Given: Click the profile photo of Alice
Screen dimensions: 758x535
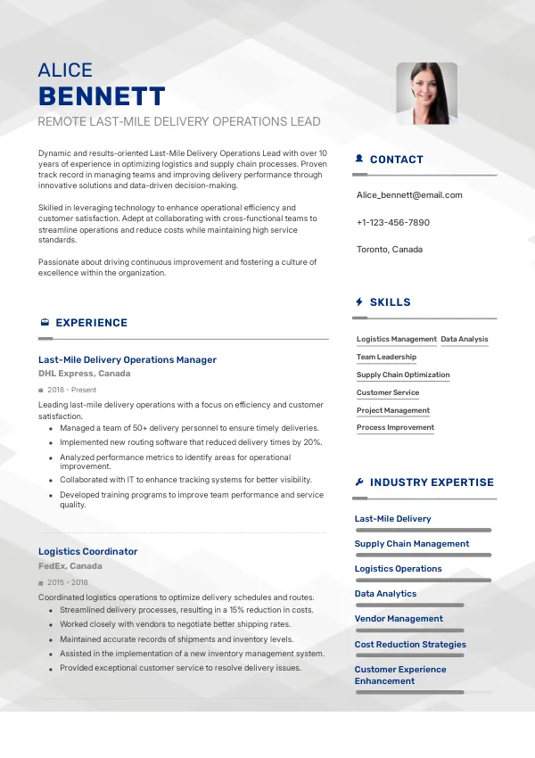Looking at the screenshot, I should (x=426, y=93).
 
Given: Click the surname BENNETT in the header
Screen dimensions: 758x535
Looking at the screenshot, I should (x=102, y=96).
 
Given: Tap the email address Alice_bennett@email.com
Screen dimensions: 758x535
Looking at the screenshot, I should (x=409, y=195).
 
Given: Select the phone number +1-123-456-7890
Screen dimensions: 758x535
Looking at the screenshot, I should (x=392, y=222).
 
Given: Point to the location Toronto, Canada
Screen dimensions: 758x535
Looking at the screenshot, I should (x=389, y=249).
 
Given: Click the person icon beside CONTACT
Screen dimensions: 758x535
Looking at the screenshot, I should (x=359, y=159).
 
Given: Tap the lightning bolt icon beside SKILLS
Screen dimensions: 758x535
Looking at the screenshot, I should (x=359, y=302).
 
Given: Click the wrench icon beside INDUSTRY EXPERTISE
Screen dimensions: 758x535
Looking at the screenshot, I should (x=359, y=482).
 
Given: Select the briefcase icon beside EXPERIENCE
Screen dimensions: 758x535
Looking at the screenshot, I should (x=45, y=323).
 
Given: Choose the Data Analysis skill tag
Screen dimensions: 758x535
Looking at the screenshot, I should (x=465, y=339).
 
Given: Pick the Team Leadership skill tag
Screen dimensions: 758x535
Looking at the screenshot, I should (x=386, y=357).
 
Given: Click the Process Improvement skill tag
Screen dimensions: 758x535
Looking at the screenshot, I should (x=395, y=428).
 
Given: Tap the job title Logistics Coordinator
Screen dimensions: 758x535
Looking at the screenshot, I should (x=87, y=552).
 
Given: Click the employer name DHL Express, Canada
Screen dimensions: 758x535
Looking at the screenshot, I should (x=85, y=374).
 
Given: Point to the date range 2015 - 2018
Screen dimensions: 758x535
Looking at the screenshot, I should (x=67, y=582).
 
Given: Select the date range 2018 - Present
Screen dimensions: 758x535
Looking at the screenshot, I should (x=72, y=390).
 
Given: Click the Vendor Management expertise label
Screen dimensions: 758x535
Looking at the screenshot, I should (x=399, y=619).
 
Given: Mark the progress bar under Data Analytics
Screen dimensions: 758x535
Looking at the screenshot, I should (x=409, y=605).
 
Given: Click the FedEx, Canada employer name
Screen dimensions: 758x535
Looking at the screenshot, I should (x=70, y=566).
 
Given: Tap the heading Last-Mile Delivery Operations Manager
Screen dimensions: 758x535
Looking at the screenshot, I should (x=128, y=360).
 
